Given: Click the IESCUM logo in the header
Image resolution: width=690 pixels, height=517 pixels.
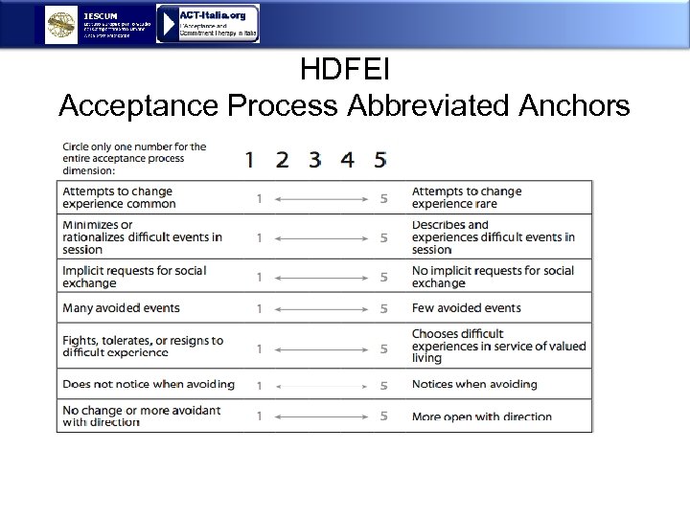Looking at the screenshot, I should click(x=63, y=25).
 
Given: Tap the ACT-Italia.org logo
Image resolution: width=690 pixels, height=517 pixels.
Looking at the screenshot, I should click(x=208, y=24).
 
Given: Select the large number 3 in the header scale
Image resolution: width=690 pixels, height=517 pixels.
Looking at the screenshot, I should click(x=314, y=160).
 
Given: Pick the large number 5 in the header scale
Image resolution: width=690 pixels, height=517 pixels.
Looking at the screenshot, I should click(x=380, y=160).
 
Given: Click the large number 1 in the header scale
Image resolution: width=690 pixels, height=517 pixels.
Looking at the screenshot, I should click(x=249, y=160).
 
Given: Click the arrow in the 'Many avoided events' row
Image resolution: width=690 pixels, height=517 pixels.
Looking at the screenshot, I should click(x=321, y=308).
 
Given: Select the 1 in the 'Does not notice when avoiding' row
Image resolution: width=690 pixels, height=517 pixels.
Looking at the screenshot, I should click(x=259, y=385).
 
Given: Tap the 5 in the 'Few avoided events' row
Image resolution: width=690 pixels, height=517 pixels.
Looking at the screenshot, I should click(x=383, y=308).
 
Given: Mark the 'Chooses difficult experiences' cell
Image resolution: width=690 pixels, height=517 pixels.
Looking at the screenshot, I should click(x=498, y=346).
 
